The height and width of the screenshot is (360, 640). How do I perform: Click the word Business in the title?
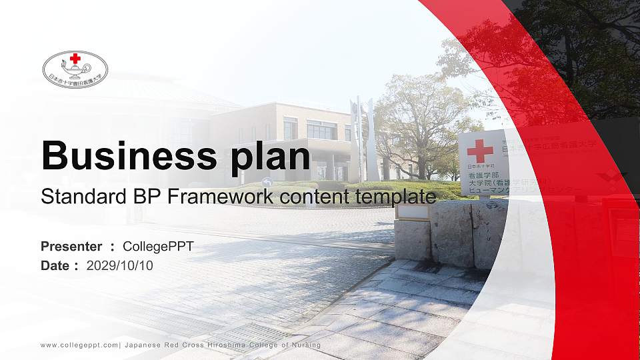(x=124, y=157)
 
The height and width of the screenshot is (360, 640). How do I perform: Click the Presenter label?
(x=71, y=247)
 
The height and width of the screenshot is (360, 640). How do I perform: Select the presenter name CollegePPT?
(x=158, y=247)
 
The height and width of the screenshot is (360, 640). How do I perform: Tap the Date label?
(x=55, y=265)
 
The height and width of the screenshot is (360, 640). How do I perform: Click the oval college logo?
(x=75, y=69)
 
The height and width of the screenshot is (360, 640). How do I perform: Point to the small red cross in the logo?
(x=75, y=59)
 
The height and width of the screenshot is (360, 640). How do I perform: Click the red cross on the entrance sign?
(x=479, y=150)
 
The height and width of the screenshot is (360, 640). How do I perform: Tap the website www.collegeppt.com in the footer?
(x=79, y=345)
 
